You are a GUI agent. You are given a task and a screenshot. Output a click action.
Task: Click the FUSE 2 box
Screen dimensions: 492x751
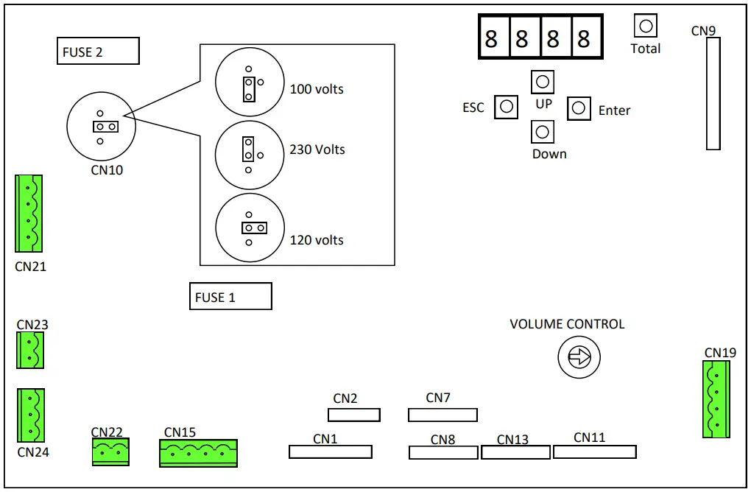click(98, 52)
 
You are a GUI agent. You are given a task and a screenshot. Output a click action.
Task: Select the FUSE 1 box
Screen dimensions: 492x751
click(230, 296)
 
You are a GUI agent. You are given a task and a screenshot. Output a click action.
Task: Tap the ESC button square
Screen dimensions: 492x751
click(506, 107)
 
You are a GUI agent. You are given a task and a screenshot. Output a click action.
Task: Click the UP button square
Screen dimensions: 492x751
click(543, 82)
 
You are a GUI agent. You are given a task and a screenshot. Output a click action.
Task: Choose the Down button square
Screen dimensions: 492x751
click(543, 132)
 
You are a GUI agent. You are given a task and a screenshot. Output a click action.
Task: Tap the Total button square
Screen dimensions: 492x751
click(646, 27)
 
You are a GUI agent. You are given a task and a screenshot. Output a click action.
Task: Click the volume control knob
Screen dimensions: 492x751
click(579, 358)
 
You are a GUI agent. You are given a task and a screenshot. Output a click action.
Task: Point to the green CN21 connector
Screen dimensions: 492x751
click(29, 214)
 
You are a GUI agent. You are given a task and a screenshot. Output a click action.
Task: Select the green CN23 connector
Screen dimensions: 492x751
click(30, 350)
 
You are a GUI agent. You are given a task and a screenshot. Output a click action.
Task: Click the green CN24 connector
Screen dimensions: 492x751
click(31, 415)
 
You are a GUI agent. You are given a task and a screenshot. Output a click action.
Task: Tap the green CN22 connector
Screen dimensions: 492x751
click(110, 452)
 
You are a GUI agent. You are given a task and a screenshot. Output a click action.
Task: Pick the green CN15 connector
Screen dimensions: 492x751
click(198, 453)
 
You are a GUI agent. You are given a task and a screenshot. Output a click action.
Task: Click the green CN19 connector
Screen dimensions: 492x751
click(716, 398)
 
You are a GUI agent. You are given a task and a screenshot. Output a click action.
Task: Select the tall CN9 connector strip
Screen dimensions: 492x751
click(713, 94)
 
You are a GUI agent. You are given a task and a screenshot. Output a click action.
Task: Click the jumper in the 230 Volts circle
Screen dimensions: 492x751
click(249, 150)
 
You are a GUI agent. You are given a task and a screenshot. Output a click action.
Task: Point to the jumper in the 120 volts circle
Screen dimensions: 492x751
click(249, 228)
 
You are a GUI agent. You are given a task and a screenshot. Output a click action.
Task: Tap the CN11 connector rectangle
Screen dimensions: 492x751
click(595, 451)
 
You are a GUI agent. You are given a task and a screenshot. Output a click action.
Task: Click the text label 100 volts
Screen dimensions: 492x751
click(317, 89)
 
